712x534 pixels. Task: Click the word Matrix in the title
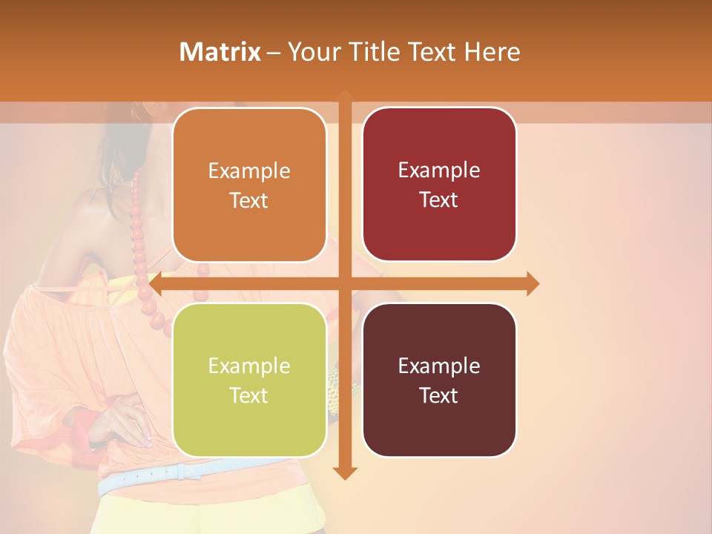pyautogui.click(x=220, y=52)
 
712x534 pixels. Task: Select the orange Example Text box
pyautogui.click(x=249, y=185)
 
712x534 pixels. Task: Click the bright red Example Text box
pyautogui.click(x=439, y=185)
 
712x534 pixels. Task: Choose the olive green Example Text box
pyautogui.click(x=249, y=380)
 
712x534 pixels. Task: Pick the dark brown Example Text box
pyautogui.click(x=439, y=380)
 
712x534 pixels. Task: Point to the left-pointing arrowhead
pyautogui.click(x=156, y=283)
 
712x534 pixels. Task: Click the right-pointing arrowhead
pyautogui.click(x=532, y=283)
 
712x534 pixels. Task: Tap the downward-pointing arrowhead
pyautogui.click(x=344, y=472)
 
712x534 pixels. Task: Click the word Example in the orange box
pyautogui.click(x=249, y=171)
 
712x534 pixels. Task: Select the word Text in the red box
pyautogui.click(x=439, y=200)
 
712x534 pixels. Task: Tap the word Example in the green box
pyautogui.click(x=249, y=366)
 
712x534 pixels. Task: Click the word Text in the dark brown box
pyautogui.click(x=439, y=395)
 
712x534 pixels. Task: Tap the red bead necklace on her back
pyautogui.click(x=141, y=245)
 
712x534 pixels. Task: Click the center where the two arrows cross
pyautogui.click(x=344, y=283)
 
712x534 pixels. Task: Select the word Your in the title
pyautogui.click(x=313, y=52)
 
